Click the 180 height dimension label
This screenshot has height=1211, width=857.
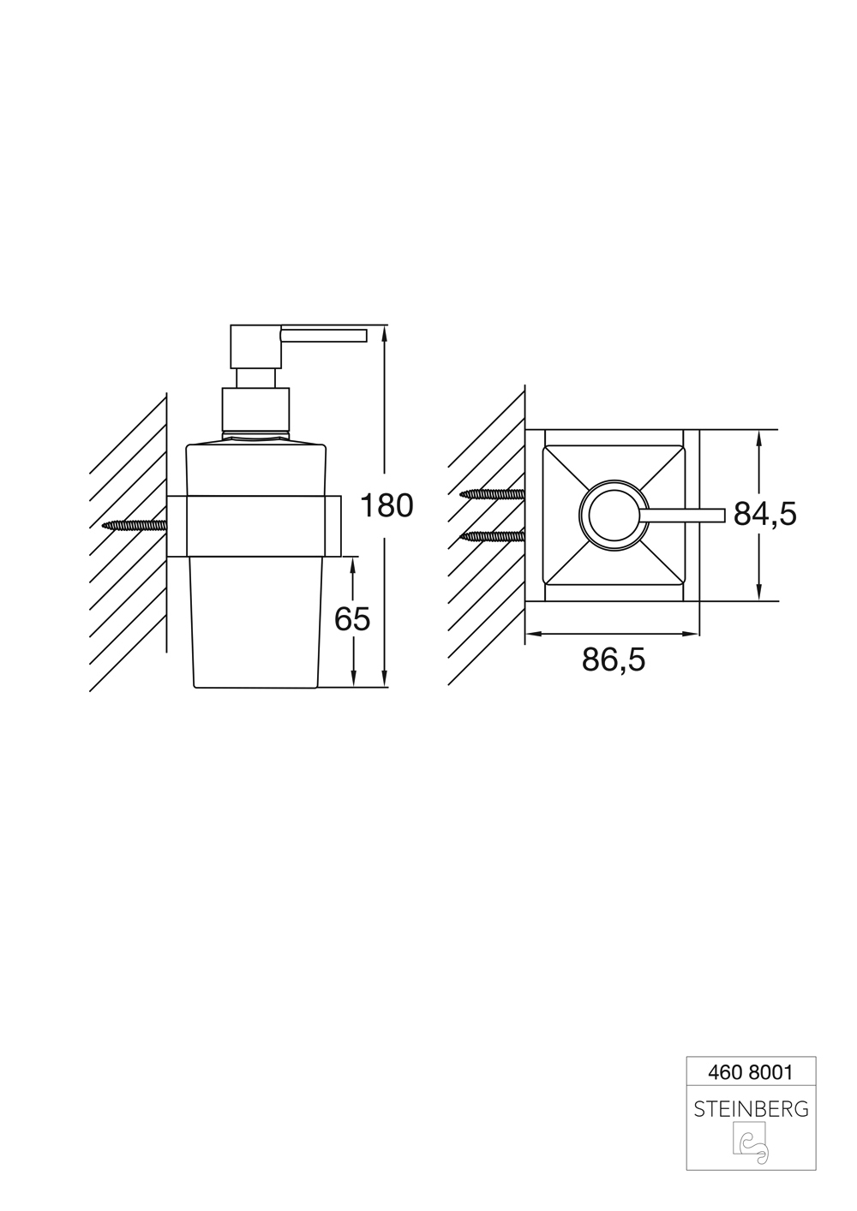pyautogui.click(x=386, y=506)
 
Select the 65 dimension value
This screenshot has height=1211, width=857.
pyautogui.click(x=352, y=618)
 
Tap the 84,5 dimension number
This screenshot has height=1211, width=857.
pyautogui.click(x=764, y=514)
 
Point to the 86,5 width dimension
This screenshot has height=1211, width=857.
pyautogui.click(x=613, y=660)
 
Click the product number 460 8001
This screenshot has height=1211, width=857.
pyautogui.click(x=751, y=1071)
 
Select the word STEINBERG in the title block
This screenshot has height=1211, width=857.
pyautogui.click(x=751, y=1109)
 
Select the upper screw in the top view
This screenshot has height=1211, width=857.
pyautogui.click(x=492, y=494)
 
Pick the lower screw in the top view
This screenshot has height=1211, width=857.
pyautogui.click(x=492, y=536)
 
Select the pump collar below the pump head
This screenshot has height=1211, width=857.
pyautogui.click(x=256, y=409)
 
